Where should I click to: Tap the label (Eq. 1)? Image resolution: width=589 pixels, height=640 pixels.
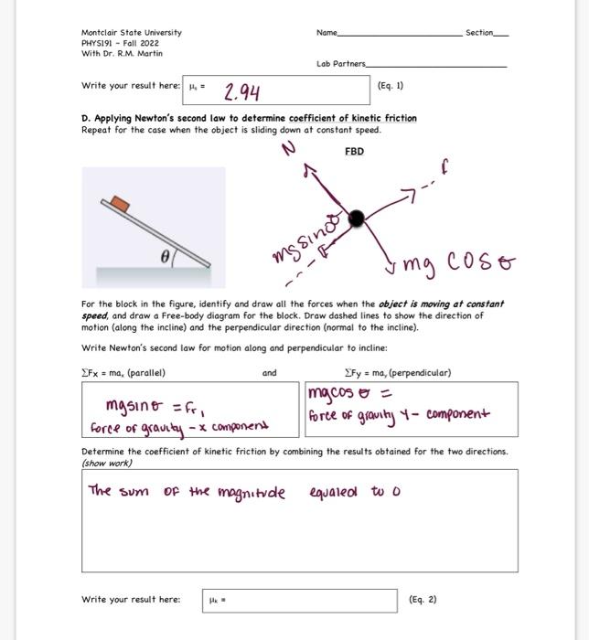pos(390,86)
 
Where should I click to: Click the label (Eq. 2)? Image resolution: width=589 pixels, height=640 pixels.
pos(423,600)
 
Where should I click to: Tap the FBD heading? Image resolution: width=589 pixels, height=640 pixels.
pos(354,152)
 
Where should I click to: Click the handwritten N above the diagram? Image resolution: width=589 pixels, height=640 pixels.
pos(291,150)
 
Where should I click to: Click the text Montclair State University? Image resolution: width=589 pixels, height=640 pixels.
pos(132,32)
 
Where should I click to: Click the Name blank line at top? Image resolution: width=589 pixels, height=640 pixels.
pos(401,33)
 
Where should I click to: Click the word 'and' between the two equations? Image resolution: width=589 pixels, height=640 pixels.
pos(269,373)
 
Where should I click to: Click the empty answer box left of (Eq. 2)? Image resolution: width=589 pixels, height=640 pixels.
pos(301,600)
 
